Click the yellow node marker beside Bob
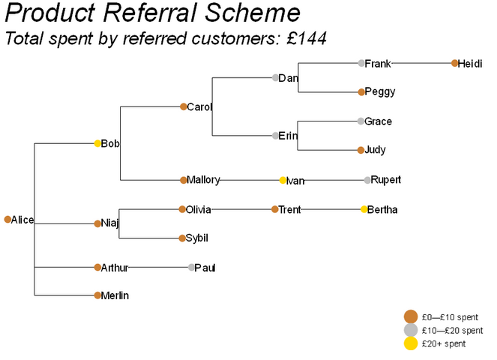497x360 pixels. pyautogui.click(x=97, y=143)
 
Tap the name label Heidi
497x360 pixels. pyautogui.click(x=470, y=64)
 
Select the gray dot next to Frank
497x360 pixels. pyautogui.click(x=361, y=63)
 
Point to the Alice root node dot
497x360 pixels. pyautogui.click(x=7, y=219)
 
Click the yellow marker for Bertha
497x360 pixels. pyautogui.click(x=364, y=209)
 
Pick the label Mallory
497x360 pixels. pyautogui.click(x=203, y=180)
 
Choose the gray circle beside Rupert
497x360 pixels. pyautogui.click(x=367, y=180)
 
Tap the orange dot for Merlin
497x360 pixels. pyautogui.click(x=97, y=295)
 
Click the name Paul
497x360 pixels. pyautogui.click(x=205, y=268)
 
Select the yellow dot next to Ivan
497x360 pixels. pyautogui.click(x=283, y=180)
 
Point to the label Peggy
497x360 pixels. pyautogui.click(x=380, y=92)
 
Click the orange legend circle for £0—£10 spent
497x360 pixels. pyautogui.click(x=411, y=316)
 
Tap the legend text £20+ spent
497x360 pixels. pyautogui.click(x=444, y=343)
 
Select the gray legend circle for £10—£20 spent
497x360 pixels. pyautogui.click(x=411, y=330)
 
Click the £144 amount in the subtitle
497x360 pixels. pyautogui.click(x=306, y=39)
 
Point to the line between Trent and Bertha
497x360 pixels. pyautogui.click(x=331, y=209)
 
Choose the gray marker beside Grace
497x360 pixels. pyautogui.click(x=361, y=121)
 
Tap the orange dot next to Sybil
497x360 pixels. pyautogui.click(x=182, y=238)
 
